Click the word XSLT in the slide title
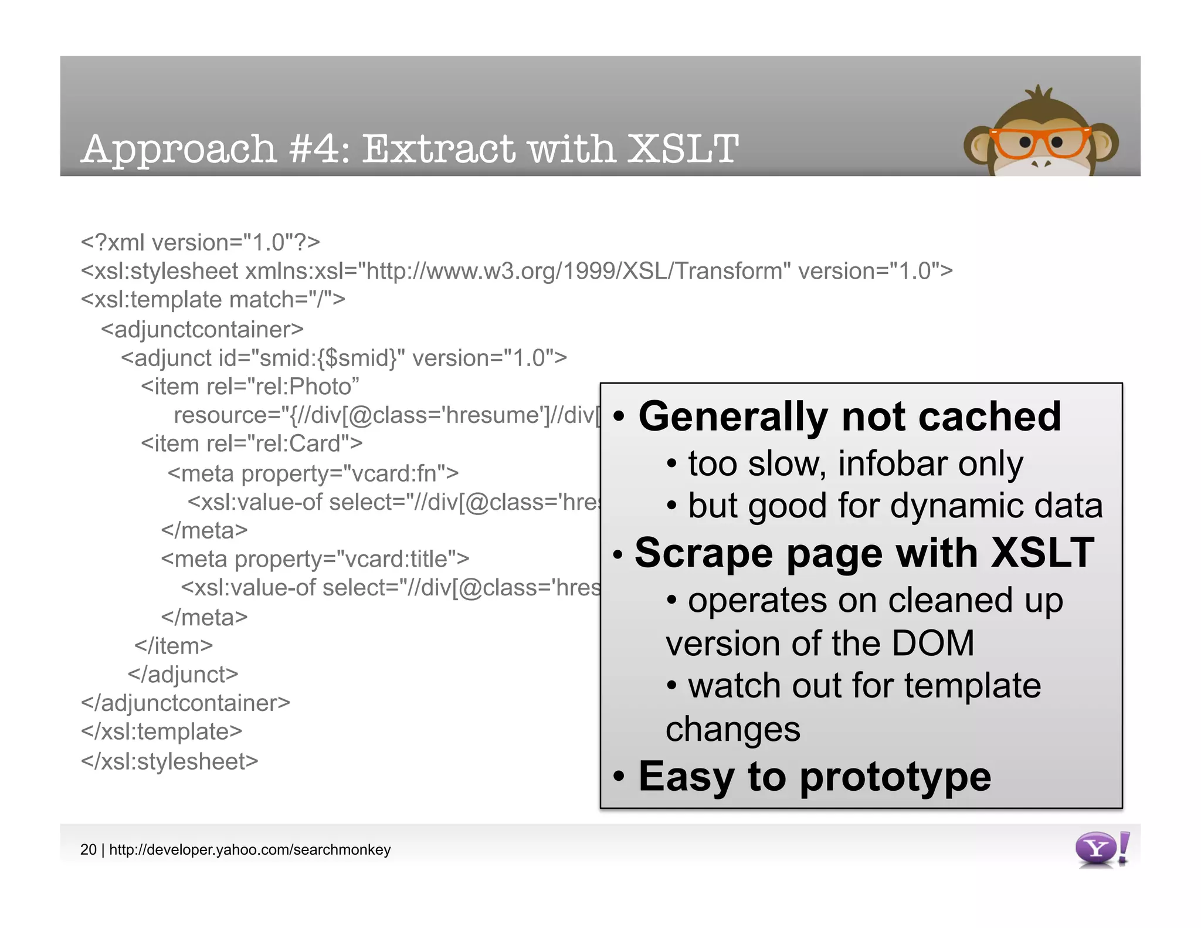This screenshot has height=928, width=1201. click(683, 149)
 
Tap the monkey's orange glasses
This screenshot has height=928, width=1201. click(1039, 143)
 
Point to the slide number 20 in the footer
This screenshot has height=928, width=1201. click(88, 849)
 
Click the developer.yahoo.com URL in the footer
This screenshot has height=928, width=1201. click(250, 849)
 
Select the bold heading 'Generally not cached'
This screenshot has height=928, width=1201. click(849, 416)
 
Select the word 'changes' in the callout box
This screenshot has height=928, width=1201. click(733, 729)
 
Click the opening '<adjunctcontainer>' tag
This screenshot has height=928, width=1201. click(202, 329)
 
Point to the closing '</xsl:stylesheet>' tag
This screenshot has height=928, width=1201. click(169, 761)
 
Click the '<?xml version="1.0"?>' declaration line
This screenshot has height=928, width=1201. click(201, 242)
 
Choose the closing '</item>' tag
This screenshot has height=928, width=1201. click(174, 646)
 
